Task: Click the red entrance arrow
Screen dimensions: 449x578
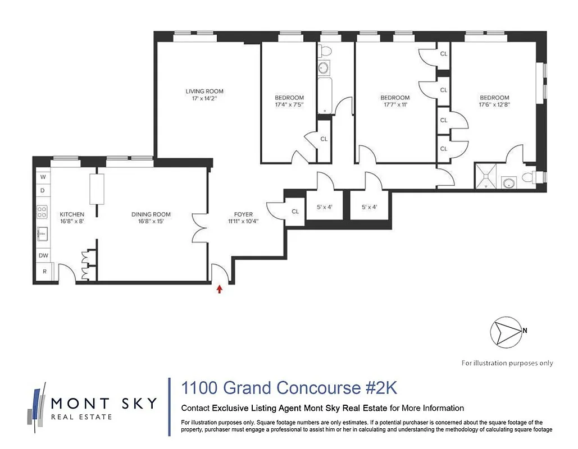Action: [220, 288]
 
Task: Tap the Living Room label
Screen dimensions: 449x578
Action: [204, 91]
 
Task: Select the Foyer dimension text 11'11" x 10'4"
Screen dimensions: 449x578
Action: [243, 221]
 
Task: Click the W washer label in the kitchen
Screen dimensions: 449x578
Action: [43, 177]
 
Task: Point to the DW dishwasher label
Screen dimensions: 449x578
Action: [43, 255]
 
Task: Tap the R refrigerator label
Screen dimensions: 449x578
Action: [43, 272]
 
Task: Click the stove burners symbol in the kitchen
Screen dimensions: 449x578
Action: [42, 212]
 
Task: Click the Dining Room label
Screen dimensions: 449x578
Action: [151, 214]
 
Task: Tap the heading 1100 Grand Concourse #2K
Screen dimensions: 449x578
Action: [289, 388]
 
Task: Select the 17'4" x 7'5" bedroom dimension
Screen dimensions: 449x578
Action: [289, 104]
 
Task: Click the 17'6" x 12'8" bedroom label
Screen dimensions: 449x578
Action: [494, 98]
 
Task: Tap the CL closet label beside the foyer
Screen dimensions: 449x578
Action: [295, 212]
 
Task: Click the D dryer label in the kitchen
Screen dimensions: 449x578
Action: [43, 190]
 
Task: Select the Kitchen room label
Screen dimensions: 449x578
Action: [72, 214]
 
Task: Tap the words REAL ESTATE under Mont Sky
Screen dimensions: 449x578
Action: [81, 416]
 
